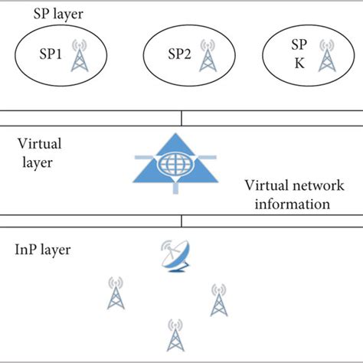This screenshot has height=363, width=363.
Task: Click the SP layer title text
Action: (57, 15)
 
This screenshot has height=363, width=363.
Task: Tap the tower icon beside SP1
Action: (77, 55)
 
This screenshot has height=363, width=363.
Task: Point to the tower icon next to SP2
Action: (206, 55)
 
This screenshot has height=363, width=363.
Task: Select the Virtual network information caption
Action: (287, 195)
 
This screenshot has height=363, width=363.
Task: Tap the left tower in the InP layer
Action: (116, 296)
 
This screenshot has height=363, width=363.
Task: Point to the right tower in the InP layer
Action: (217, 301)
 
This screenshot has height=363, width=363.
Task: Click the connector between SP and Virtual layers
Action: (181, 118)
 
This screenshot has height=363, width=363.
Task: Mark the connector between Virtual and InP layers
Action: (181, 221)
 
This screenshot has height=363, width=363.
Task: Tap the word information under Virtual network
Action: (287, 204)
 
